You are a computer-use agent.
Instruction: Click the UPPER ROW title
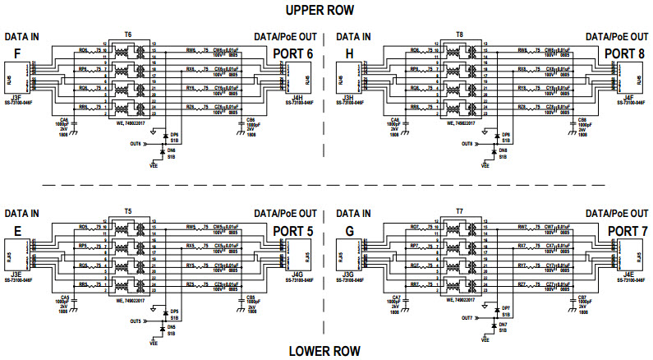pyautogui.click(x=325, y=11)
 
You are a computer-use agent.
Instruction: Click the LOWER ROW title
pyautogui.click(x=325, y=351)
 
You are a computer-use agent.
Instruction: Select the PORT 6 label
pyautogui.click(x=293, y=54)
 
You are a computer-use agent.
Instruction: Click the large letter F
pyautogui.click(x=16, y=54)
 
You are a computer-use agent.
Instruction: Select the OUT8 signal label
pyautogui.click(x=467, y=144)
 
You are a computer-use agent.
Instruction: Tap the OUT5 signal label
pyautogui.click(x=135, y=321)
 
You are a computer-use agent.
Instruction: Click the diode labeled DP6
pyautogui.click(x=167, y=136)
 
